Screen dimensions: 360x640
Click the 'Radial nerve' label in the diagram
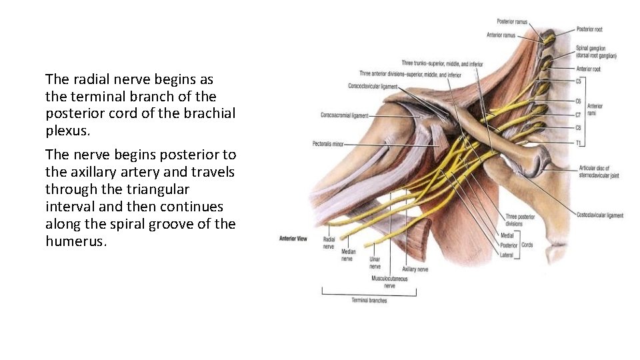(x=329, y=242)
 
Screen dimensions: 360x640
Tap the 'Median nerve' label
(x=347, y=255)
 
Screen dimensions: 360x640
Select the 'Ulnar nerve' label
(x=375, y=263)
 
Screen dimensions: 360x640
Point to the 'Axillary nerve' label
(x=415, y=269)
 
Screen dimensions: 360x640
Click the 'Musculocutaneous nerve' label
(x=389, y=281)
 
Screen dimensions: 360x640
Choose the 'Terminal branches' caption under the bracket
(x=369, y=300)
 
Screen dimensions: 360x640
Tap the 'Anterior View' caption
(x=293, y=239)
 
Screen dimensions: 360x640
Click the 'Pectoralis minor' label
(x=329, y=143)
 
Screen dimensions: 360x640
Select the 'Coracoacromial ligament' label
(x=344, y=115)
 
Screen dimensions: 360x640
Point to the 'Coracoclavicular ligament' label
(x=373, y=85)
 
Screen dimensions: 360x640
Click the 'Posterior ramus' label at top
(x=512, y=22)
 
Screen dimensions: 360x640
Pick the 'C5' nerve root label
(x=579, y=81)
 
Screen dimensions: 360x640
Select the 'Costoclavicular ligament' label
(x=600, y=215)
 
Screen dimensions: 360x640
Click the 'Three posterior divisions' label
(x=520, y=220)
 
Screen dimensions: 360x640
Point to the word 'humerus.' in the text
(x=76, y=241)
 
